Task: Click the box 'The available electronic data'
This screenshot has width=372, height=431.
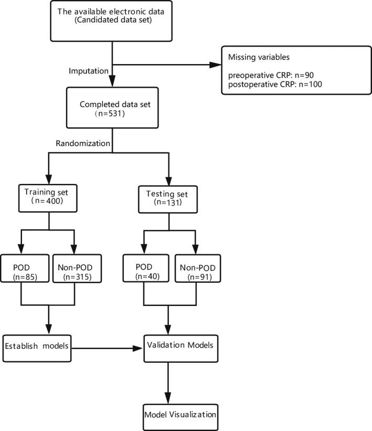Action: pos(112,21)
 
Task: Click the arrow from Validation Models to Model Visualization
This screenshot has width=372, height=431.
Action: pos(168,381)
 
